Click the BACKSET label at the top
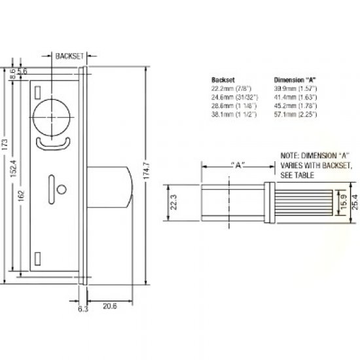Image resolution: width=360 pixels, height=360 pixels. click(x=69, y=56)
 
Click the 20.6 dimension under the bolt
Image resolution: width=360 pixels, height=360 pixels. click(x=110, y=305)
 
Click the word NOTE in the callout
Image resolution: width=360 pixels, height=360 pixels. click(x=289, y=156)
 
